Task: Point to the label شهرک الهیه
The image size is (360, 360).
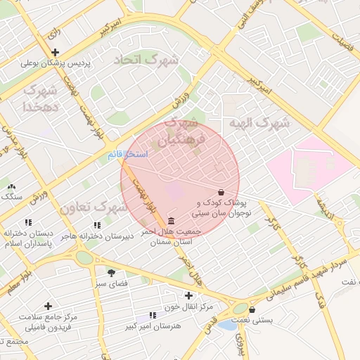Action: (x=259, y=123)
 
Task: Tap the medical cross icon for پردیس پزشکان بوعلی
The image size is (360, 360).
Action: (x=55, y=52)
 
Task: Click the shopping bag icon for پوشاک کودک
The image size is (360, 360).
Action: (x=221, y=191)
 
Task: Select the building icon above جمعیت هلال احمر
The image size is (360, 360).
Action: (x=172, y=220)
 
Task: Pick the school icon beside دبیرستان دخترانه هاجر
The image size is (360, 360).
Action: (x=97, y=225)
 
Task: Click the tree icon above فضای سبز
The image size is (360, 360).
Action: (x=111, y=272)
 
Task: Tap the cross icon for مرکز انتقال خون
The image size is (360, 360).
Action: (x=188, y=295)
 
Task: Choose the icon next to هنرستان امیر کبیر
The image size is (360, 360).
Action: (x=153, y=316)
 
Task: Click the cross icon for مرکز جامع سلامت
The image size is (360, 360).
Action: (x=48, y=306)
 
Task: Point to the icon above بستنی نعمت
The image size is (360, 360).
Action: (x=252, y=309)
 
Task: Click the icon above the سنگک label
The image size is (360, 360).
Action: (x=11, y=186)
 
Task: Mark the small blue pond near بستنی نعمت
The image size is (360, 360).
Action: (x=226, y=325)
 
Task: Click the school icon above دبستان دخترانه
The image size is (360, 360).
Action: (x=27, y=222)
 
